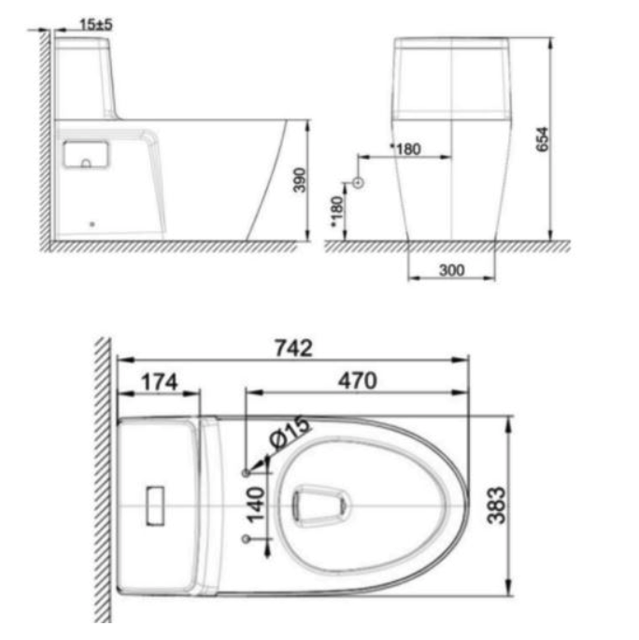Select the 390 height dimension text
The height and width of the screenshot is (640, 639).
pyautogui.click(x=299, y=179)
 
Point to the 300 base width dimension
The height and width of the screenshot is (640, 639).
pyautogui.click(x=452, y=269)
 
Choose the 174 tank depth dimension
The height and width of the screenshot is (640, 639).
pyautogui.click(x=158, y=381)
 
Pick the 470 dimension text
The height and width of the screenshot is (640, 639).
pyautogui.click(x=356, y=381)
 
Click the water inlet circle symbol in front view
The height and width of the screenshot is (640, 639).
pyautogui.click(x=358, y=181)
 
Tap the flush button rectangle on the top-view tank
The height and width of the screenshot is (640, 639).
pyautogui.click(x=155, y=505)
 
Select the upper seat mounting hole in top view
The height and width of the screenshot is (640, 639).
pyautogui.click(x=246, y=472)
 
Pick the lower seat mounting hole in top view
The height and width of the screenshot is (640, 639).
pyautogui.click(x=246, y=538)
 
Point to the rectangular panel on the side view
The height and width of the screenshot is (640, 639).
pyautogui.click(x=86, y=153)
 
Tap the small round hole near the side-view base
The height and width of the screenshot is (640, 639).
pyautogui.click(x=91, y=223)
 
